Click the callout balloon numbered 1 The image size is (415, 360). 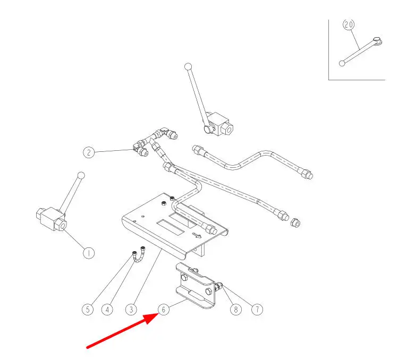pyautogui.click(x=89, y=253)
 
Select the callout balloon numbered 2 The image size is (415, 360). pyautogui.click(x=89, y=152)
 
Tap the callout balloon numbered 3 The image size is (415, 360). pyautogui.click(x=131, y=309)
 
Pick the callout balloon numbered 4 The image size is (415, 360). pyautogui.click(x=107, y=309)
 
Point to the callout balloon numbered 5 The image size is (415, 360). pyautogui.click(x=88, y=309)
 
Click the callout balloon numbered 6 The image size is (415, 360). pyautogui.click(x=163, y=310)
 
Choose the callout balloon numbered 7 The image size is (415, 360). pyautogui.click(x=257, y=309)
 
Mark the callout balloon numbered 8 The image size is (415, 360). pyautogui.click(x=236, y=309)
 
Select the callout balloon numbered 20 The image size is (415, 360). pyautogui.click(x=349, y=24)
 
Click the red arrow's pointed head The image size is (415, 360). pyautogui.click(x=158, y=314)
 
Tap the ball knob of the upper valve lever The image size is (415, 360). pyautogui.click(x=188, y=66)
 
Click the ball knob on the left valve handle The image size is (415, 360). pyautogui.click(x=81, y=175)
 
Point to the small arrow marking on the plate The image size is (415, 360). pyautogui.click(x=197, y=235)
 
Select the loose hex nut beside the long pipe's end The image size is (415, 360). pyautogui.click(x=295, y=222)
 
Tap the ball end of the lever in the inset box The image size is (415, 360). pyautogui.click(x=342, y=63)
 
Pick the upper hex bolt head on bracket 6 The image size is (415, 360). pyautogui.click(x=184, y=278)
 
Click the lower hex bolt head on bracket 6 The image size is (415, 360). pyautogui.click(x=208, y=292)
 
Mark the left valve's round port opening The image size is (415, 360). pyautogui.click(x=63, y=226)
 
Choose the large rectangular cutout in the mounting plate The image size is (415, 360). pyautogui.click(x=171, y=226)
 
